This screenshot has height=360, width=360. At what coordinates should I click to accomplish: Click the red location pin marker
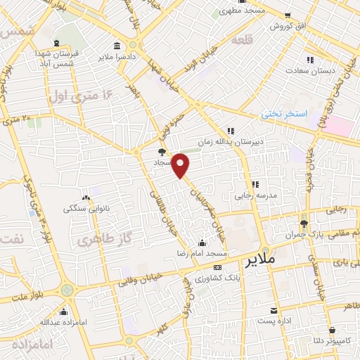coord(181,165)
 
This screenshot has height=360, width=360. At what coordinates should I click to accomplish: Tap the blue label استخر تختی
coord(285,112)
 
